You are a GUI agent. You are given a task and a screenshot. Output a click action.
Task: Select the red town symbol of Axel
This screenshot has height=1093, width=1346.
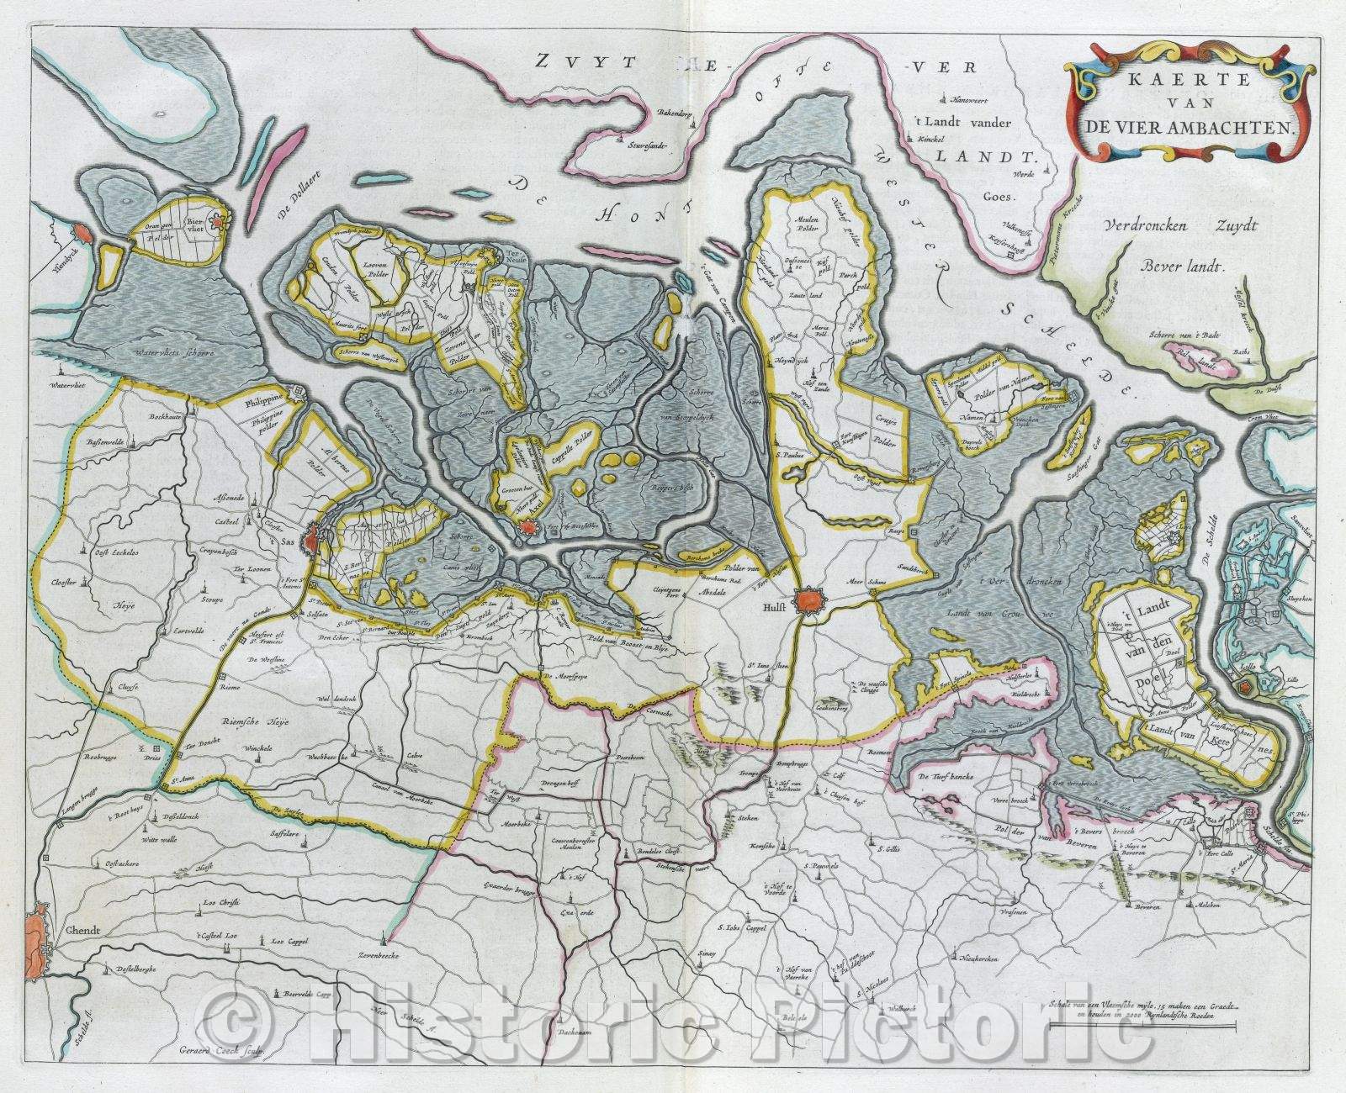527,527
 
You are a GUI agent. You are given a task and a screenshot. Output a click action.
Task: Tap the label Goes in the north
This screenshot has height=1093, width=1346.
1017,193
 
